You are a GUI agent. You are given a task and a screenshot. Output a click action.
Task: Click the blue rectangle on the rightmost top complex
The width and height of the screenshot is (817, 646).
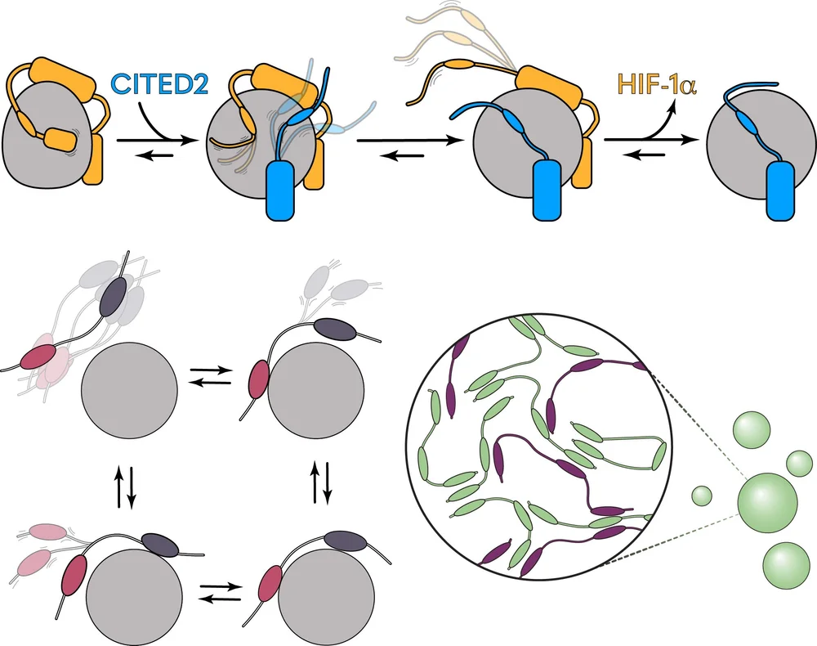[x=780, y=190]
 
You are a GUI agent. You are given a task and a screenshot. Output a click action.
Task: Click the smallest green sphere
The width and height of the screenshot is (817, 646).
[x=701, y=495]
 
